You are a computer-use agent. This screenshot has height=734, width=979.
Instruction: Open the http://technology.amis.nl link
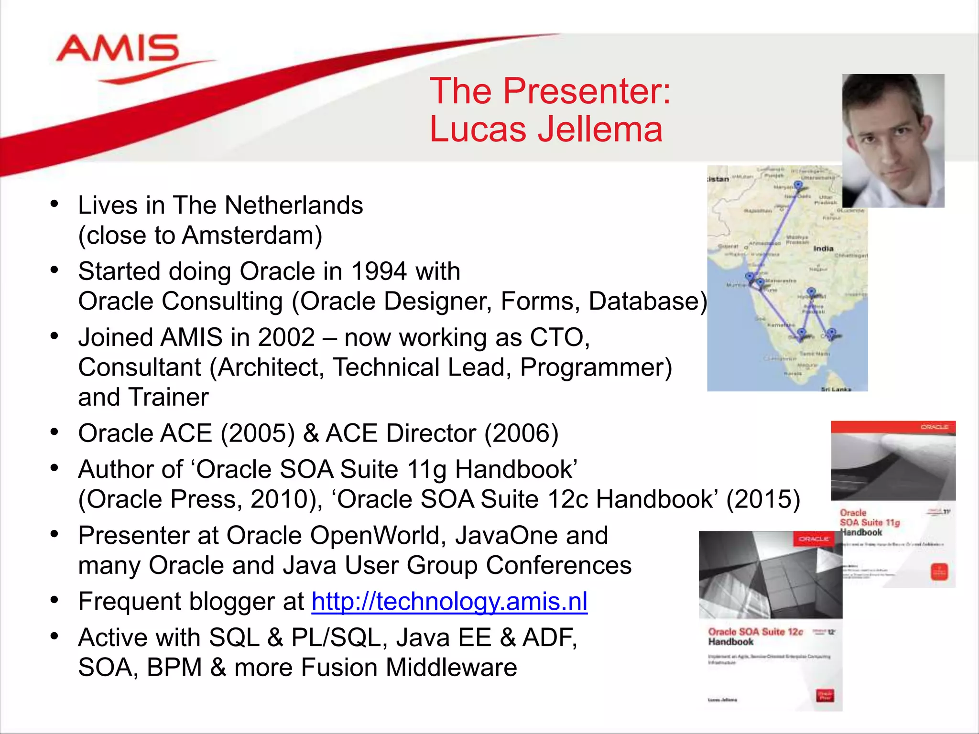(449, 601)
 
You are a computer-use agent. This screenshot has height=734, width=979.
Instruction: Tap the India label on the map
(823, 248)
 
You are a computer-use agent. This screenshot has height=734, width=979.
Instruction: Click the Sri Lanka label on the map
(836, 389)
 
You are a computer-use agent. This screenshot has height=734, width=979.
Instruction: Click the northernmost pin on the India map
(798, 185)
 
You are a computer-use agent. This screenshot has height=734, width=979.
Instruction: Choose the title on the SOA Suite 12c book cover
(755, 637)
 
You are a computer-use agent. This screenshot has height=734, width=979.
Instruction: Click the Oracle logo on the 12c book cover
(814, 539)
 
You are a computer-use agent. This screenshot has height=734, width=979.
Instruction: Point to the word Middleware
(451, 667)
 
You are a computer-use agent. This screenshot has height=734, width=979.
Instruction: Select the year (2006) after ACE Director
(522, 433)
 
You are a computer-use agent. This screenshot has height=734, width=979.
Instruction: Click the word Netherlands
(294, 205)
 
